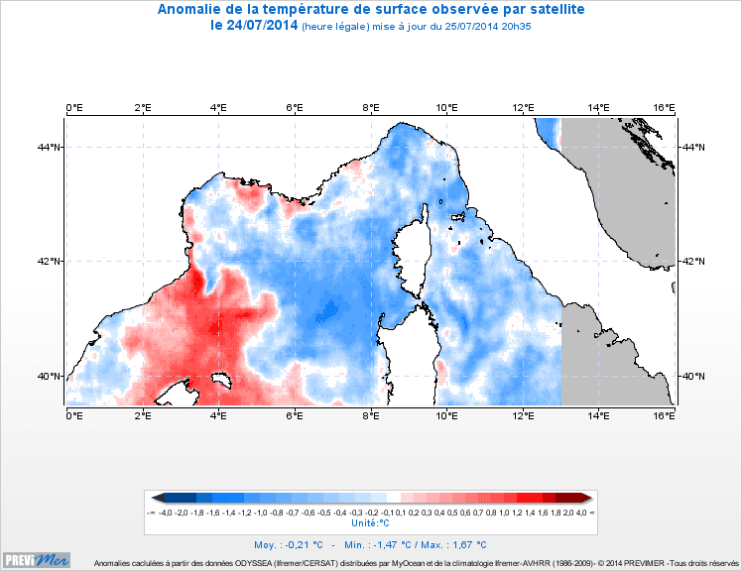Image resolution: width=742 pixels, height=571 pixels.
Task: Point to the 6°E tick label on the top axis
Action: click(295, 107)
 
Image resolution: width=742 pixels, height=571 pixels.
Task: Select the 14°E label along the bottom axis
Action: click(598, 415)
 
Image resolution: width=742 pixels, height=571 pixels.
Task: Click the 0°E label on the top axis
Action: click(73, 107)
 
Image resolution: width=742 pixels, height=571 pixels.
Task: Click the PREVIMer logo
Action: click(37, 560)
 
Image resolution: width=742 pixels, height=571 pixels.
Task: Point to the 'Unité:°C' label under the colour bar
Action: click(370, 522)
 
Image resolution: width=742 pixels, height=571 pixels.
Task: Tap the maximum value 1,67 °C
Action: click(469, 544)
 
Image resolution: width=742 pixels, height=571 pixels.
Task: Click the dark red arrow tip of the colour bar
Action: click(588, 498)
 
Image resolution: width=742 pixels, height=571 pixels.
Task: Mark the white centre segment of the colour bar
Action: click(394, 498)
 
